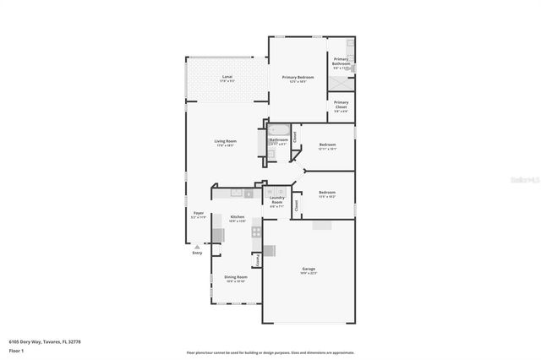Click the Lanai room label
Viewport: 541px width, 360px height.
227,78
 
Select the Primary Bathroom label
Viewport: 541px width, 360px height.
342,62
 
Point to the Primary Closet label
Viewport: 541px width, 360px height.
341,106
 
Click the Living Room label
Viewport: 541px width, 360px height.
225,142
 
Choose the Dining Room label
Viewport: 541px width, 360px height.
236,278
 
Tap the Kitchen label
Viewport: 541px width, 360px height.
238,218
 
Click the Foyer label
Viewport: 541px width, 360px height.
198,215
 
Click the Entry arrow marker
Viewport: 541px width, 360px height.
197,246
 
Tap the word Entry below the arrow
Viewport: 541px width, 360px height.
197,253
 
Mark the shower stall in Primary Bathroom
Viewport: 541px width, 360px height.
342,83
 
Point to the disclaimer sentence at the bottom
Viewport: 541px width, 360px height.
270,352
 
